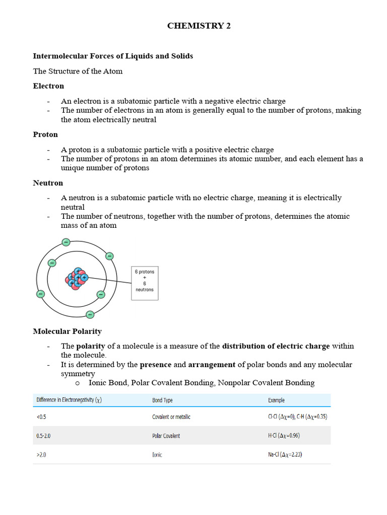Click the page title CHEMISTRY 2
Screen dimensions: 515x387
coord(199,26)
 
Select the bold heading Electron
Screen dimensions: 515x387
coord(48,86)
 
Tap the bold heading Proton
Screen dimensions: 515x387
coord(45,134)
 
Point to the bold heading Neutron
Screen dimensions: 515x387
coord(48,183)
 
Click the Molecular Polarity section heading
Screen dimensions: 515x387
coord(67,331)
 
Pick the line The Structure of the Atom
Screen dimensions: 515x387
coord(78,71)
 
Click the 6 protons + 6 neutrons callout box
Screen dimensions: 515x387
coord(145,283)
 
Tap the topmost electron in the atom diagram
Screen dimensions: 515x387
coord(66,242)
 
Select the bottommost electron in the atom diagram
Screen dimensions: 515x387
coord(90,315)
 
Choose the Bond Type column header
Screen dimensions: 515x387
coord(162,400)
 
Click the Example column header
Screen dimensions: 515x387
coord(276,400)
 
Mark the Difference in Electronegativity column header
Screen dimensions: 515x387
coord(69,400)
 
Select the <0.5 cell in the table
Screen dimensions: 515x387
coord(41,417)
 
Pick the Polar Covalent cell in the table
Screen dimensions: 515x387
coord(166,436)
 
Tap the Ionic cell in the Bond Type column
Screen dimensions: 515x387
coord(157,455)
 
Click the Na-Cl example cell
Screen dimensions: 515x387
coord(285,455)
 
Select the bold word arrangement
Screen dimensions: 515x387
coord(212,364)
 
